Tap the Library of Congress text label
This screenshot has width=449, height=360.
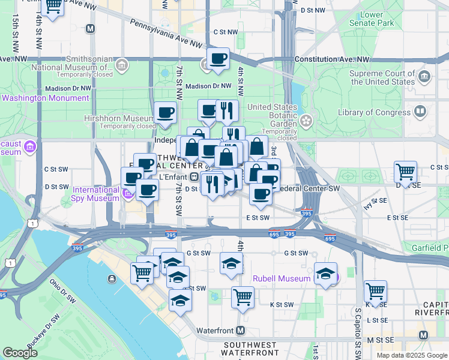[x=376, y=112]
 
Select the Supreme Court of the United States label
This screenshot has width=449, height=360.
[x=382, y=77]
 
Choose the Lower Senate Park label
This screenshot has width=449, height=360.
[x=373, y=19]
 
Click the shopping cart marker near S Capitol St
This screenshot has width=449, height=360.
[x=375, y=292]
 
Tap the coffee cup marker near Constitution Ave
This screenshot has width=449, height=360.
[x=218, y=59]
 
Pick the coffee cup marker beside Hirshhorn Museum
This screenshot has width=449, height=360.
[x=165, y=112]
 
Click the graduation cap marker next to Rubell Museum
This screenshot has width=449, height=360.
[x=325, y=274]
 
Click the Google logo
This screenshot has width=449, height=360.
[x=20, y=353]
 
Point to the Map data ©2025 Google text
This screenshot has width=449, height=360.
[x=412, y=355]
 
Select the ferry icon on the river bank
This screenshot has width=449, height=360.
[x=112, y=278]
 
